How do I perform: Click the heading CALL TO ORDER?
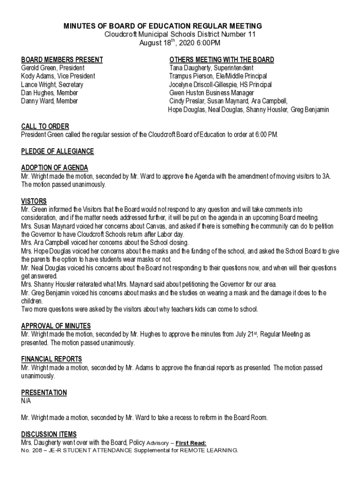pos(45,127)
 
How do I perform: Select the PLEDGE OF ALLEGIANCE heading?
pos(58,152)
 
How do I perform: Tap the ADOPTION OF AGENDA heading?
pos(55,168)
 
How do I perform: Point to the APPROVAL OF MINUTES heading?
pos(56,326)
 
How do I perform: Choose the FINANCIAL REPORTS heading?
pos(51,359)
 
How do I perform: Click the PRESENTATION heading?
pos(44,393)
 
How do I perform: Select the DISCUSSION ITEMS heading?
pos(49,435)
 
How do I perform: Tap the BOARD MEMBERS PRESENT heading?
pos(62,60)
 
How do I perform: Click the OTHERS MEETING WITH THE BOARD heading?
pos(222,60)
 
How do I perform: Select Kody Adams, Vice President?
pos(58,76)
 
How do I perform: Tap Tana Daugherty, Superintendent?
pos(211,68)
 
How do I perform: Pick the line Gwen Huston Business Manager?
pos(211,93)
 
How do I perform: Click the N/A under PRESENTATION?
pos(26,401)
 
